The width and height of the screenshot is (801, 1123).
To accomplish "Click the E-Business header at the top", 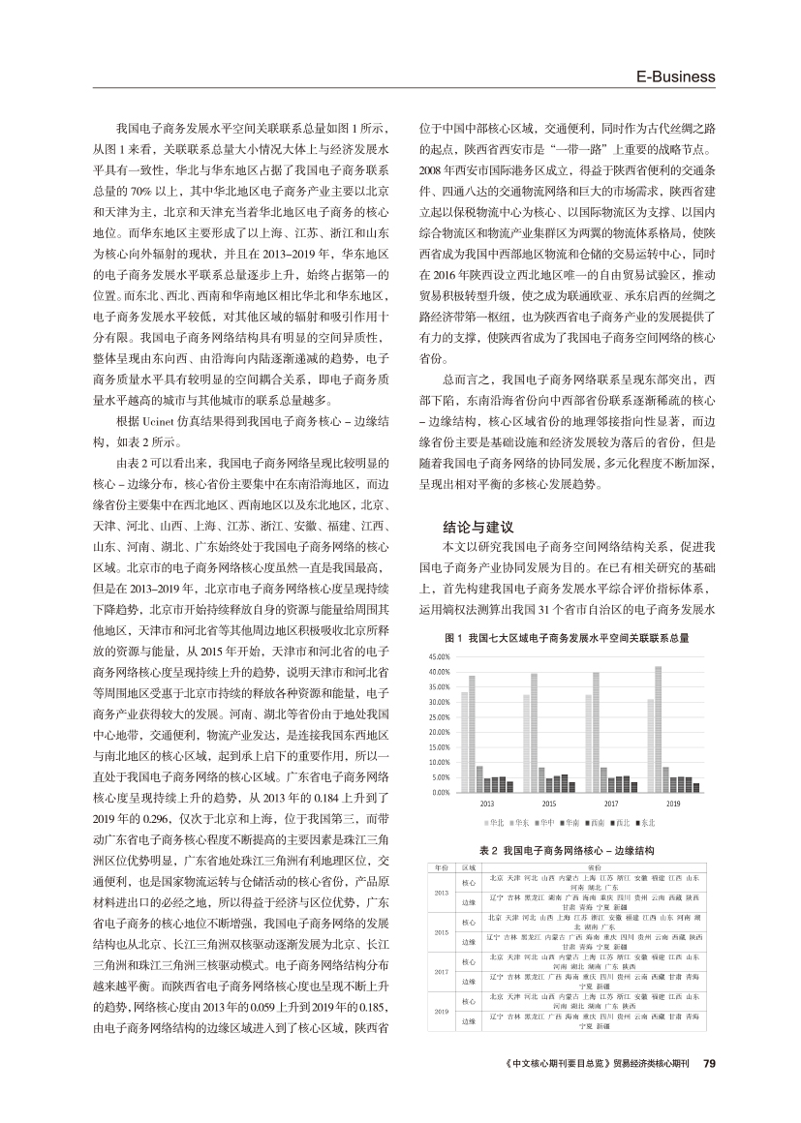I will pos(675,76).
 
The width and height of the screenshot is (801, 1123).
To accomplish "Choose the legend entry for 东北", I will pos(645,822).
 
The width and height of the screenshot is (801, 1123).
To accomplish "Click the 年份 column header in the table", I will pos(442,867).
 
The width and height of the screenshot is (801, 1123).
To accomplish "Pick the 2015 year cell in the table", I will pos(442,932).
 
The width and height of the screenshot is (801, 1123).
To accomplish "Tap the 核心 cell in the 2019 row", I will pos(469,1000).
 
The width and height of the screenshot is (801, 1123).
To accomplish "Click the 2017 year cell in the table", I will pos(442,972).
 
